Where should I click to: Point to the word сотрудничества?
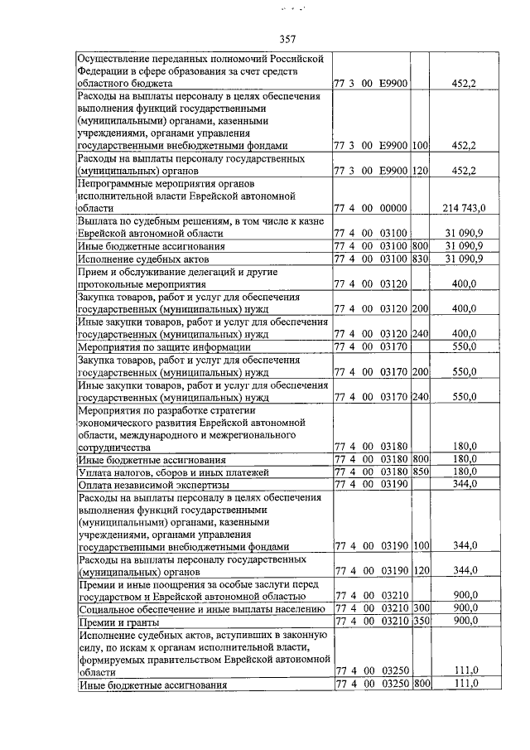pos(121,446)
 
